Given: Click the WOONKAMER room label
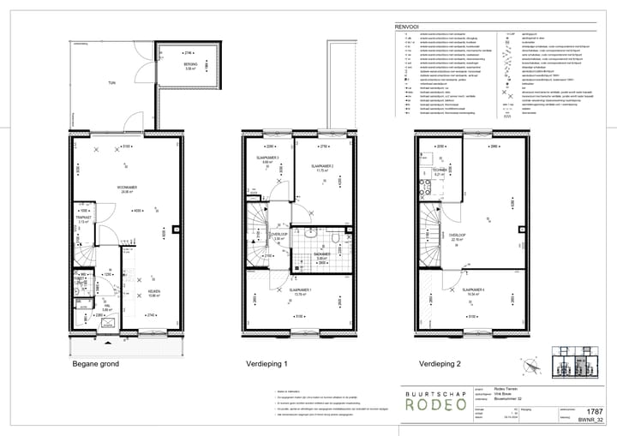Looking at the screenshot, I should (x=129, y=188).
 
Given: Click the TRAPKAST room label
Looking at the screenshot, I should (x=84, y=217).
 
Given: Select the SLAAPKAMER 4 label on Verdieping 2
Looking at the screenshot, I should (x=473, y=290).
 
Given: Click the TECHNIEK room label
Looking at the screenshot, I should (x=438, y=170).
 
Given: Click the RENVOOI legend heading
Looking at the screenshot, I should (x=405, y=27).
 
